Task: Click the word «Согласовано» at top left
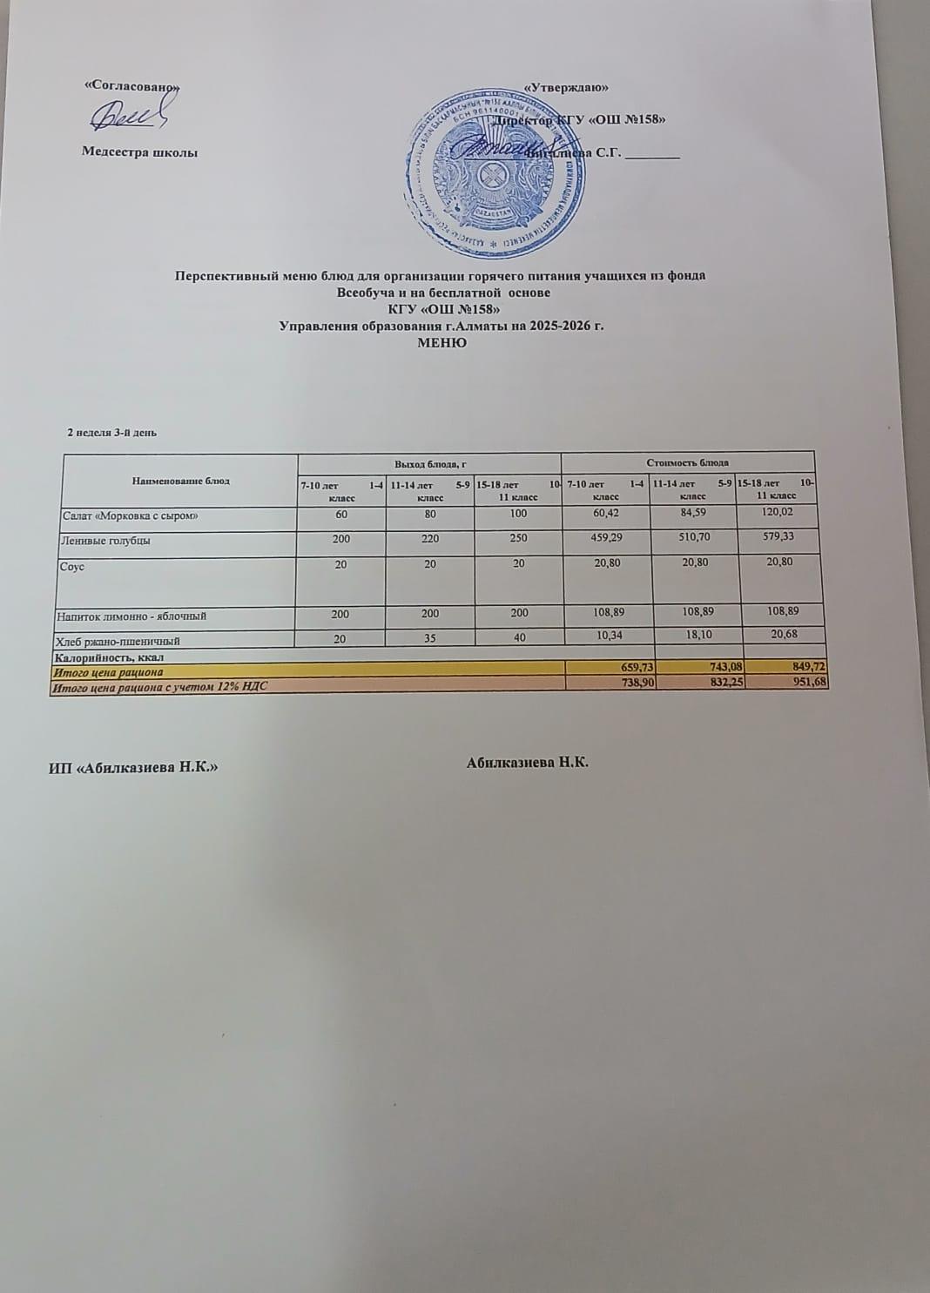click(x=131, y=87)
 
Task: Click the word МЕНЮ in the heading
click(x=442, y=342)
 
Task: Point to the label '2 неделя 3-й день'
click(x=111, y=432)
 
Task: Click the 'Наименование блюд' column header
click(x=181, y=480)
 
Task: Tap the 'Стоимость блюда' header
click(x=687, y=461)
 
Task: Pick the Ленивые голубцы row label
click(x=105, y=541)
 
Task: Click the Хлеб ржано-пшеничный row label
click(x=118, y=642)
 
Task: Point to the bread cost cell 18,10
click(x=695, y=636)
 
